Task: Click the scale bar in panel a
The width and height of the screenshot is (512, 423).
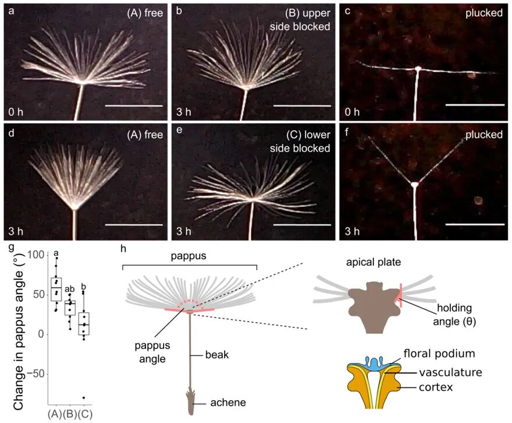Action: (133, 106)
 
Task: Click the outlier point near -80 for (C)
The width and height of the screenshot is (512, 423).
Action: (84, 397)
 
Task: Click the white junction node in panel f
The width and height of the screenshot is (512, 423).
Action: (414, 185)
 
